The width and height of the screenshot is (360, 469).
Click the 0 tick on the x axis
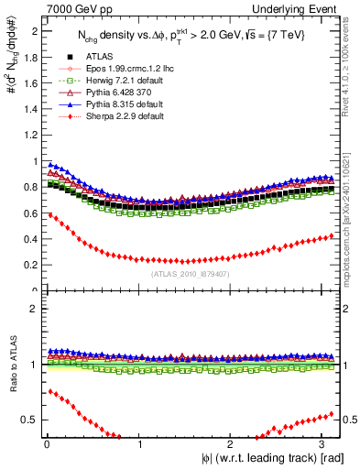coord(46,443)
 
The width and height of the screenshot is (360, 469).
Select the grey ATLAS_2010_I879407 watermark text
coord(191,273)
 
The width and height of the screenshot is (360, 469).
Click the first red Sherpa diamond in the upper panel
coord(49,215)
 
